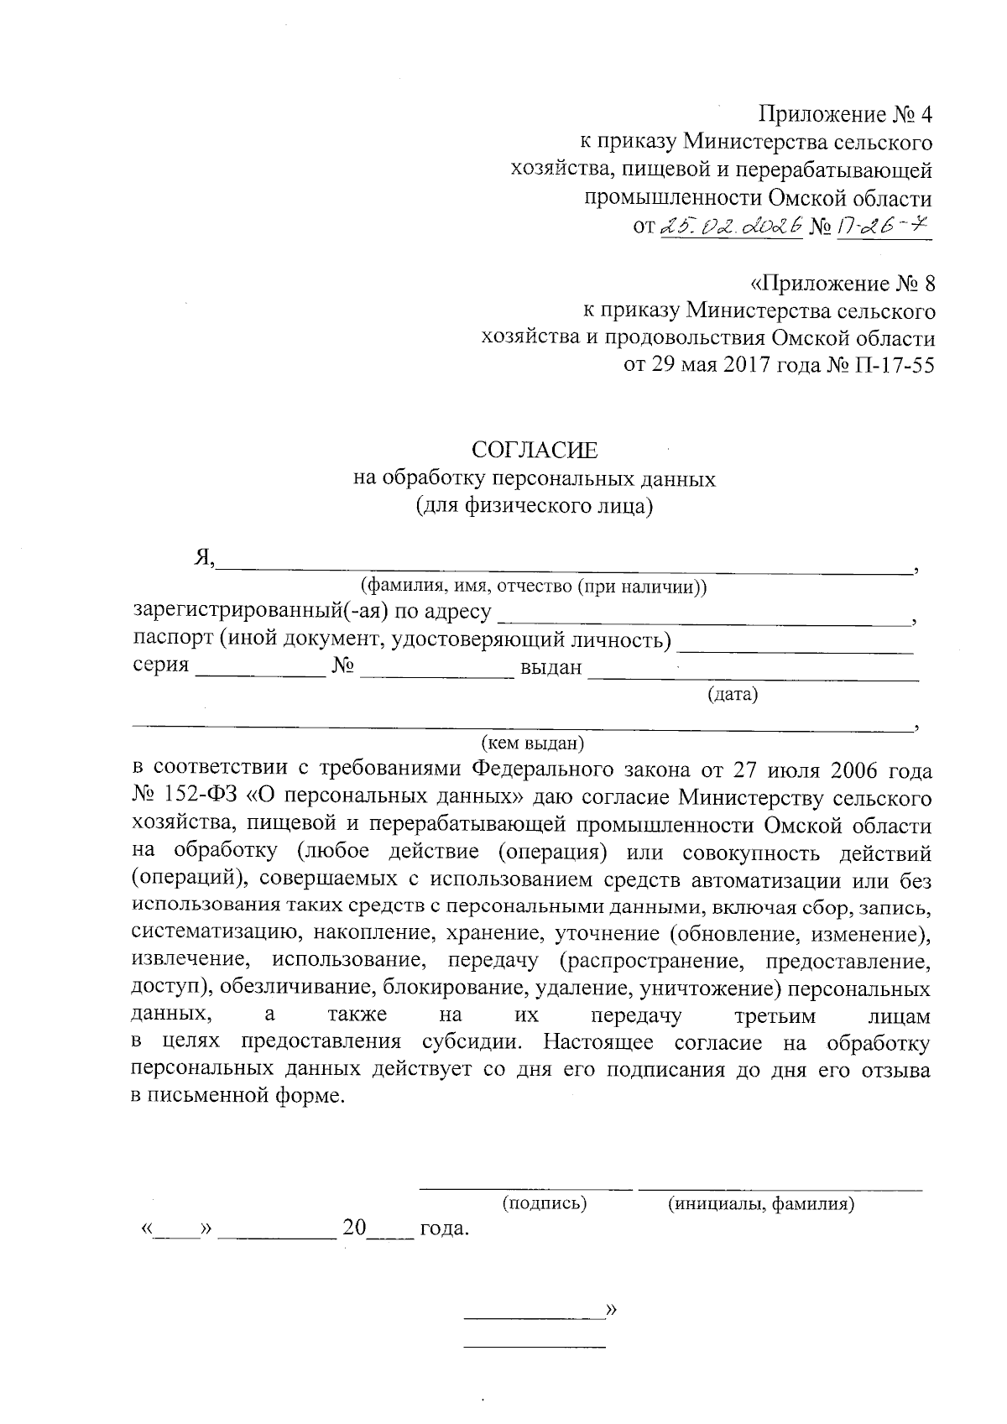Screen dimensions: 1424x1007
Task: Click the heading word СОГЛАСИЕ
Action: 535,451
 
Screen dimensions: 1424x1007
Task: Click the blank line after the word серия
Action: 260,671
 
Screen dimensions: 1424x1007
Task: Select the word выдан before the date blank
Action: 550,668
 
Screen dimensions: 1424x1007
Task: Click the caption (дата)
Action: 733,694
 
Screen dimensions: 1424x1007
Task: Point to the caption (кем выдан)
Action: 533,743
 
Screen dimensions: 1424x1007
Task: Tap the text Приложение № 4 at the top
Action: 845,113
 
